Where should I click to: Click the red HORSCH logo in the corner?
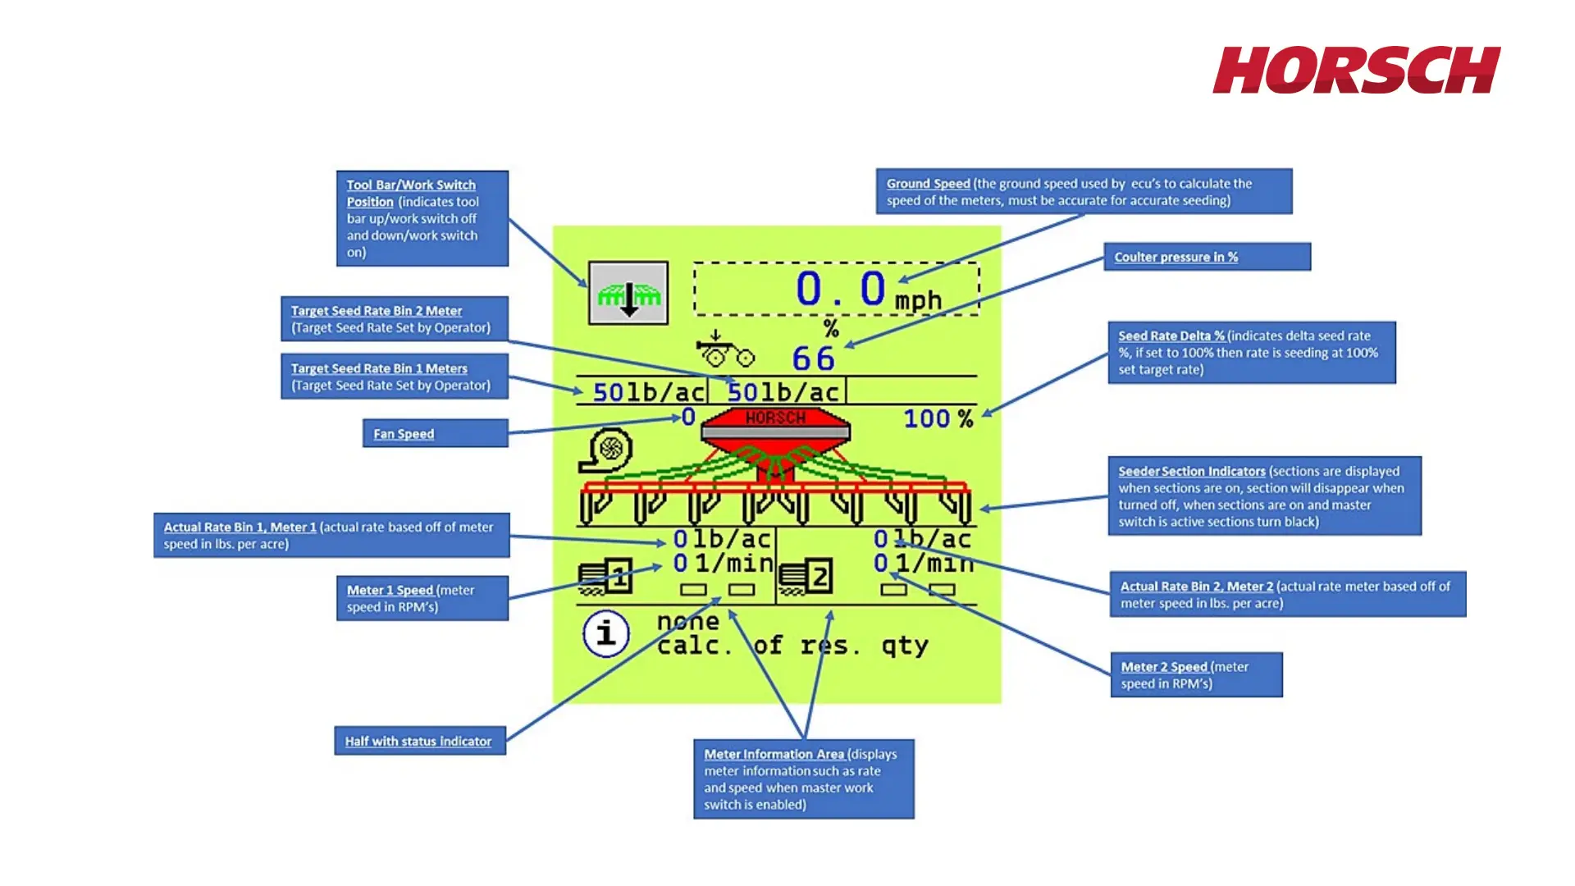click(1356, 71)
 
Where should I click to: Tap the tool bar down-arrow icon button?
click(628, 294)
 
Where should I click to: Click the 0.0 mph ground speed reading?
click(841, 290)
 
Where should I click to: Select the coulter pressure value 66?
click(813, 359)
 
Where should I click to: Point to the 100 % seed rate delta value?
click(938, 419)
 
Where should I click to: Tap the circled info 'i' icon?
click(606, 633)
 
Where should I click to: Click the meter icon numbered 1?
click(606, 576)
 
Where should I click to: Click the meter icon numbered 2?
click(806, 578)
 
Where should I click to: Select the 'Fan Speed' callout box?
click(436, 433)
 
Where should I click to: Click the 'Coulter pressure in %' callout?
click(1207, 257)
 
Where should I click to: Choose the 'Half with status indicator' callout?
click(419, 741)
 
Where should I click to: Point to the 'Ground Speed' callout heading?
click(928, 184)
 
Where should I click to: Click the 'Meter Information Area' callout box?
click(803, 779)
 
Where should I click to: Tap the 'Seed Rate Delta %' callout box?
click(1251, 353)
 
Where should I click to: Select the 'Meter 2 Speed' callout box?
click(1196, 675)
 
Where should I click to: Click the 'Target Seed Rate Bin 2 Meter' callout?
click(394, 319)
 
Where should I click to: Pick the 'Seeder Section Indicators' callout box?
click(1264, 496)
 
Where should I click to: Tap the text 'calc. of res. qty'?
click(792, 646)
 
